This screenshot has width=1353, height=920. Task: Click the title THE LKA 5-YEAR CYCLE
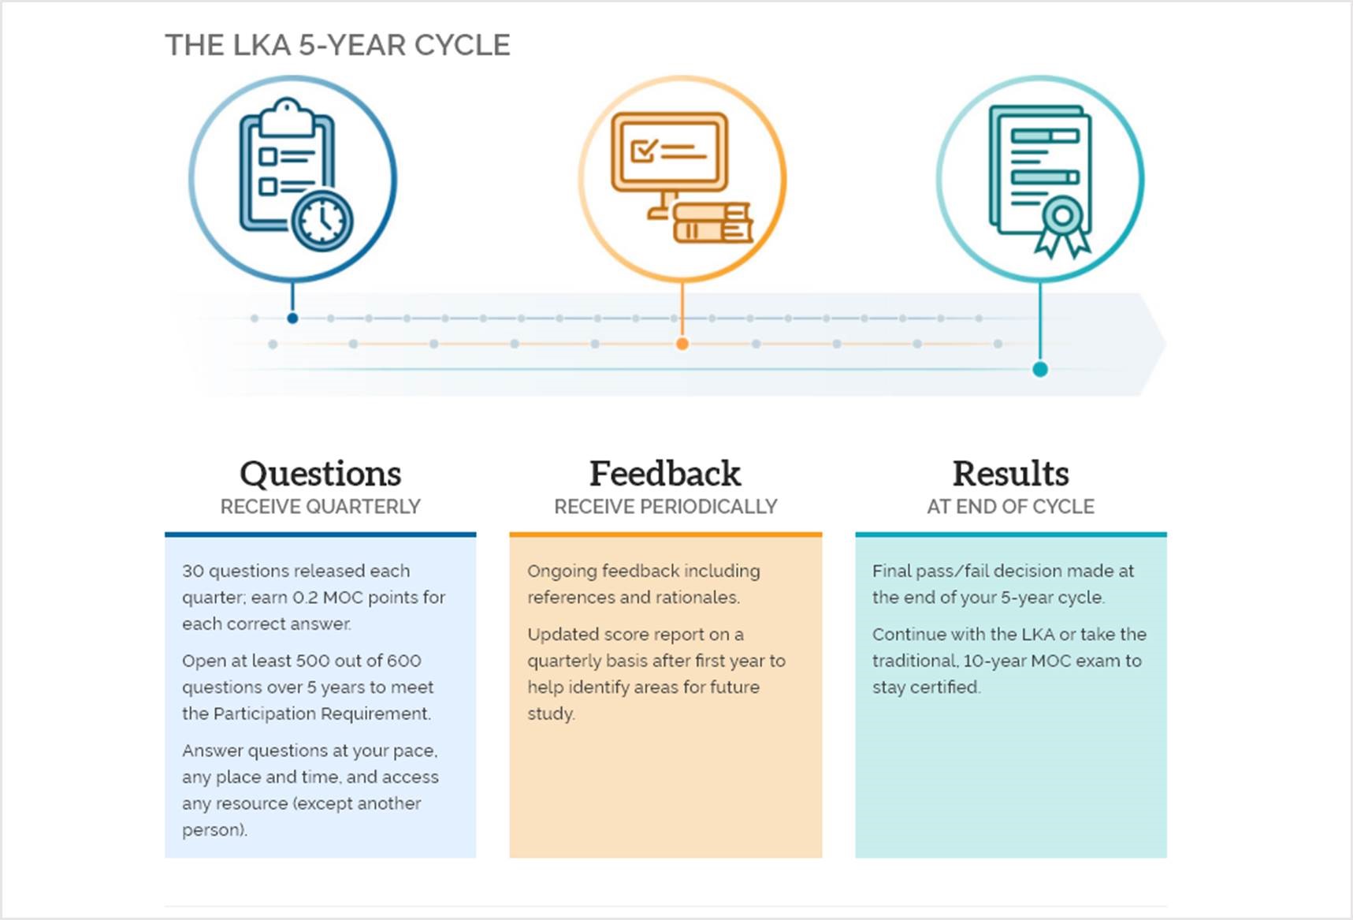coord(337,45)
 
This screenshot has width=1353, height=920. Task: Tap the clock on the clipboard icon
coord(322,220)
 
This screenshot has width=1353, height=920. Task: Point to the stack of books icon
coord(712,223)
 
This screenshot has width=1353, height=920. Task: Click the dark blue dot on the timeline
coord(292,318)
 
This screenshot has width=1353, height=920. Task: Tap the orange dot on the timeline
coord(682,344)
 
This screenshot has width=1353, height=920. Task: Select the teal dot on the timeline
coord(1040,369)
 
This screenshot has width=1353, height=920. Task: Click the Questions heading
coord(320,474)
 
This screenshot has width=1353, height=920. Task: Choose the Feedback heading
coord(665,474)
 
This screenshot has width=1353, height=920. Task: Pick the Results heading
coord(1010,474)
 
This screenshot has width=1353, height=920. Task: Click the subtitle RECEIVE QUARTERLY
coord(320,507)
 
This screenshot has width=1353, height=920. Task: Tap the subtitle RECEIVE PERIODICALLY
coord(665,507)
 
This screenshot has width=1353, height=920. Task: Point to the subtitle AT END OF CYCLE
coord(1010,507)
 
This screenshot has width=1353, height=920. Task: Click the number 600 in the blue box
coord(403,661)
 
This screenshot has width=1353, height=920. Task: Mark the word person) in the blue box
coord(214,830)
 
